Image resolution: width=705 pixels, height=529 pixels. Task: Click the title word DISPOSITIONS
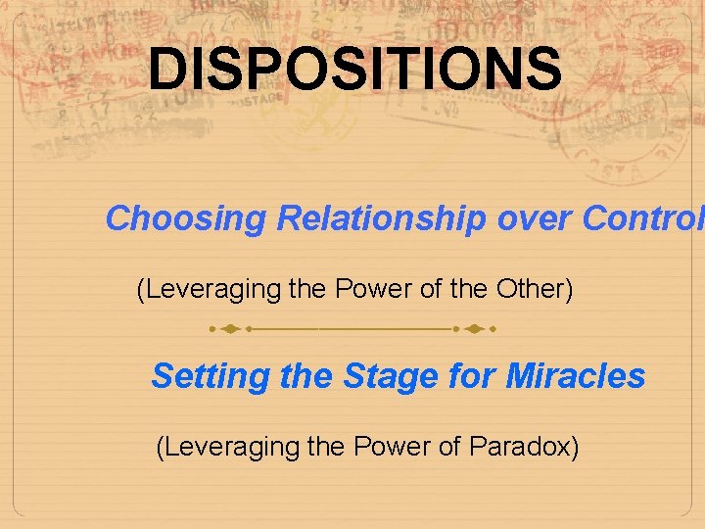pyautogui.click(x=355, y=70)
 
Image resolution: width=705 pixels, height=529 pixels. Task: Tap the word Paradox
pyautogui.click(x=520, y=447)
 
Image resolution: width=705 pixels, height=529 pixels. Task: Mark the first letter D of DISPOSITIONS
pyautogui.click(x=168, y=70)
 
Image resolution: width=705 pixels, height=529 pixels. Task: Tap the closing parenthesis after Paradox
pyautogui.click(x=575, y=447)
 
